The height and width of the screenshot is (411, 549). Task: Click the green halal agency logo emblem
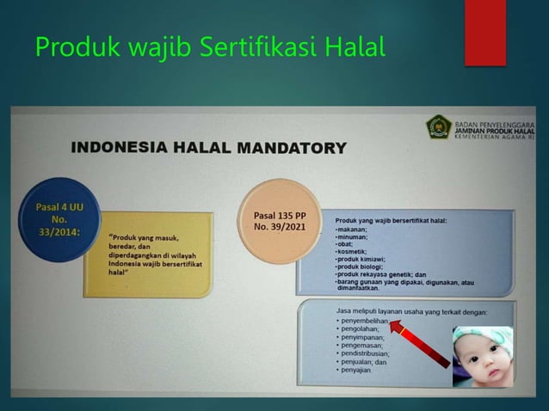tap(438, 128)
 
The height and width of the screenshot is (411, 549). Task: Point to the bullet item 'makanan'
tap(352, 229)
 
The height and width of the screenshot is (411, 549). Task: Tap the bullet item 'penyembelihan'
tap(364, 320)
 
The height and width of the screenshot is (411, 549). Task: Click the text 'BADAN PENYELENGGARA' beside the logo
tap(494, 121)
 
